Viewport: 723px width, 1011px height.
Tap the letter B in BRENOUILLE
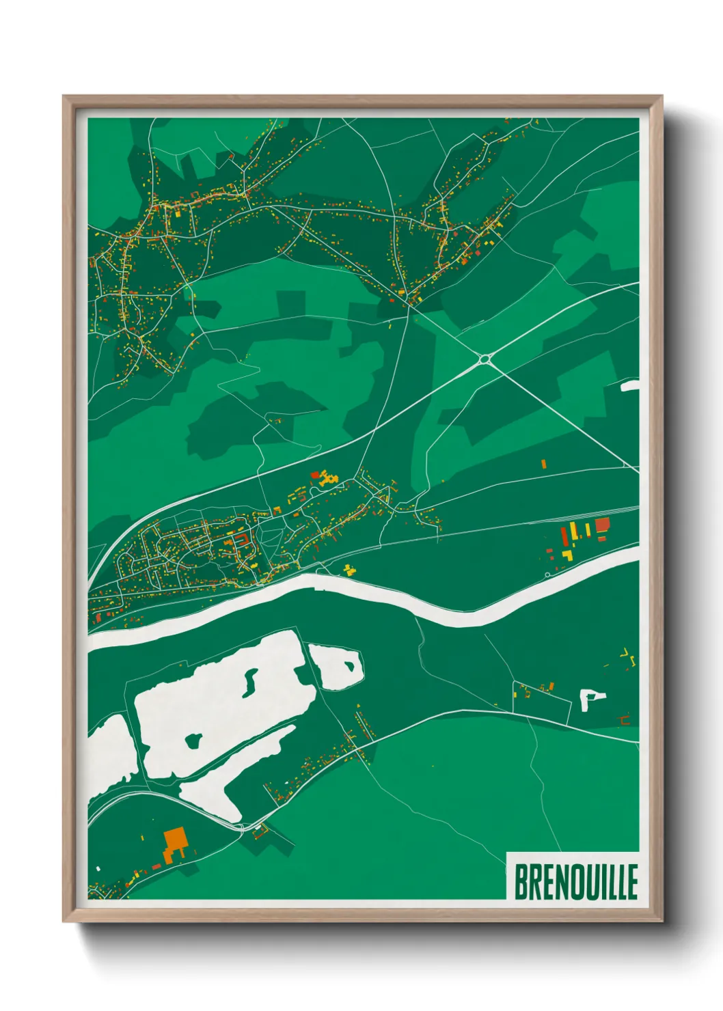(x=521, y=882)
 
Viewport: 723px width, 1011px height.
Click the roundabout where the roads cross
(x=485, y=358)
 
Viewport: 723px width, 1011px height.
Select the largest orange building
(x=175, y=839)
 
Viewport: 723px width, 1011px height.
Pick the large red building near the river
(x=602, y=525)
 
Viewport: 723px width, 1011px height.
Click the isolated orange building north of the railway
(x=544, y=464)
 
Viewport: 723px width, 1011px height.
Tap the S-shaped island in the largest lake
(x=250, y=681)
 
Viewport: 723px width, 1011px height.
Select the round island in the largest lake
(x=193, y=739)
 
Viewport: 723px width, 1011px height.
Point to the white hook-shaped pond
(x=590, y=699)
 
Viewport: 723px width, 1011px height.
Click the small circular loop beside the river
(x=547, y=574)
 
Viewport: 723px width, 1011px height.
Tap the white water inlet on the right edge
(x=630, y=387)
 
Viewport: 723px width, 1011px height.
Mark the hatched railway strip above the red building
(x=601, y=511)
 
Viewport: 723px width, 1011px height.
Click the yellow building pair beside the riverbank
(x=350, y=569)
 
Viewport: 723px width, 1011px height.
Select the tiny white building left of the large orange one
(x=98, y=869)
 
